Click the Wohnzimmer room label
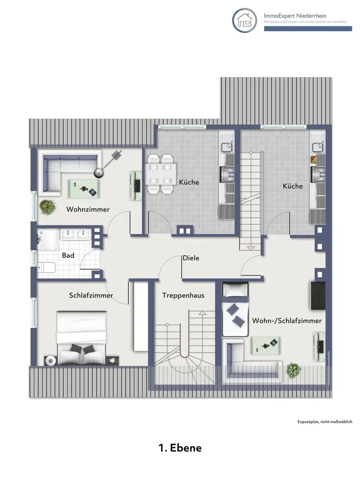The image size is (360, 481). (x=88, y=209)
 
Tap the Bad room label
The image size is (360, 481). (x=68, y=255)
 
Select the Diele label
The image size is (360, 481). (x=190, y=258)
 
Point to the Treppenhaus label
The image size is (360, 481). (x=183, y=295)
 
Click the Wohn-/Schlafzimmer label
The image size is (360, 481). (x=286, y=320)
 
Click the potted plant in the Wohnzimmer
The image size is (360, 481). (x=48, y=207)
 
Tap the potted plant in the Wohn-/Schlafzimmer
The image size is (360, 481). (x=293, y=370)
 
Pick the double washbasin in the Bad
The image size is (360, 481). (x=76, y=235)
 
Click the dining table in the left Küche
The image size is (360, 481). (x=161, y=174)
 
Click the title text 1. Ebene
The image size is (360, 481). (x=180, y=448)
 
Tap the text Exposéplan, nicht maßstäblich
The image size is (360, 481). (x=325, y=421)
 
